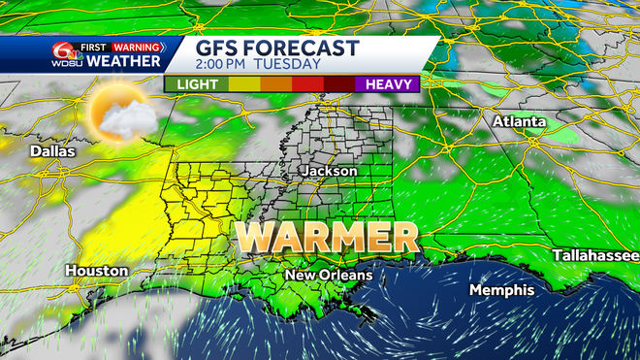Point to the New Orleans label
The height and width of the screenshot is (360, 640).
[x=328, y=277]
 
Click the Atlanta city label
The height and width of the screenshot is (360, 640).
[x=519, y=122]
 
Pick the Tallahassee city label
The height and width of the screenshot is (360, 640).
[x=594, y=255]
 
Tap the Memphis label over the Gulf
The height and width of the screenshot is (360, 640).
[x=501, y=290]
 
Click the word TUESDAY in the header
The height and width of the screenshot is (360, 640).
[x=290, y=65]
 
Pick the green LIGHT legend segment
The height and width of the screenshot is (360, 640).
[x=197, y=84]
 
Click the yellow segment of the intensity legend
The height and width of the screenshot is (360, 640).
[x=243, y=84]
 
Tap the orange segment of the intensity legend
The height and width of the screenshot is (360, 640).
[x=275, y=84]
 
